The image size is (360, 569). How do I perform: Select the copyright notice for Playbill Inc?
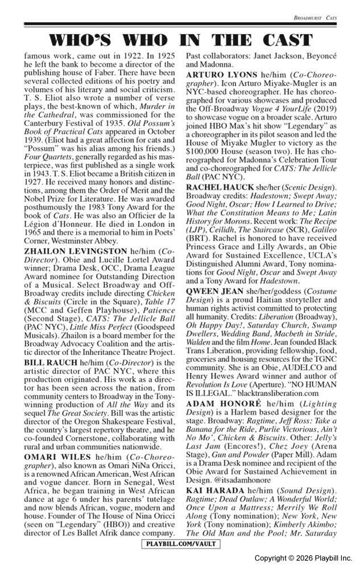303,558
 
